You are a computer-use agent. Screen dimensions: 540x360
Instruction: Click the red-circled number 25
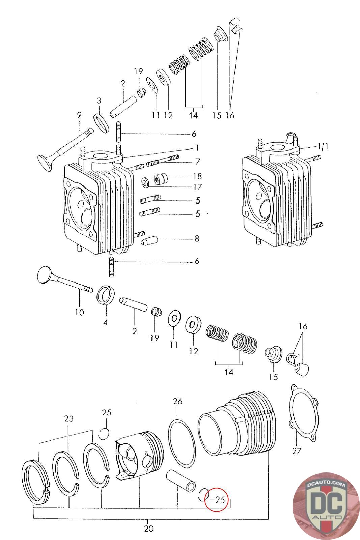pos(220,500)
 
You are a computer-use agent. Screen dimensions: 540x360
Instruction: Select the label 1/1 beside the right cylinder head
pos(323,146)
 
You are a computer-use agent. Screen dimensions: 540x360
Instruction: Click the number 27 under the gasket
pos(296,451)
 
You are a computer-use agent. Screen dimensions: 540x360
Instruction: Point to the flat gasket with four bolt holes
pos(304,413)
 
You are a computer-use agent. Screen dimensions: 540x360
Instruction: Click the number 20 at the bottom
pos(149,529)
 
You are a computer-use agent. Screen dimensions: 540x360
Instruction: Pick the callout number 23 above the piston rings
pos(68,419)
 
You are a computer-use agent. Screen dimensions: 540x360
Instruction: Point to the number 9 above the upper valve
pos(79,115)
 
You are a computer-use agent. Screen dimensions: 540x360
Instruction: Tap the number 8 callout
pos(197,239)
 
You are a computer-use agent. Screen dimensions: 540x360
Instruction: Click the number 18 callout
pos(197,176)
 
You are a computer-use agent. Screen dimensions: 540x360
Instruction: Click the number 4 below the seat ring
pos(106,322)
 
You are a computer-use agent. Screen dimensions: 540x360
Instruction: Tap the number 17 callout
pos(197,187)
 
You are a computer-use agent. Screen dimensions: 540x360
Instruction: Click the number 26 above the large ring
pos(177,401)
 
